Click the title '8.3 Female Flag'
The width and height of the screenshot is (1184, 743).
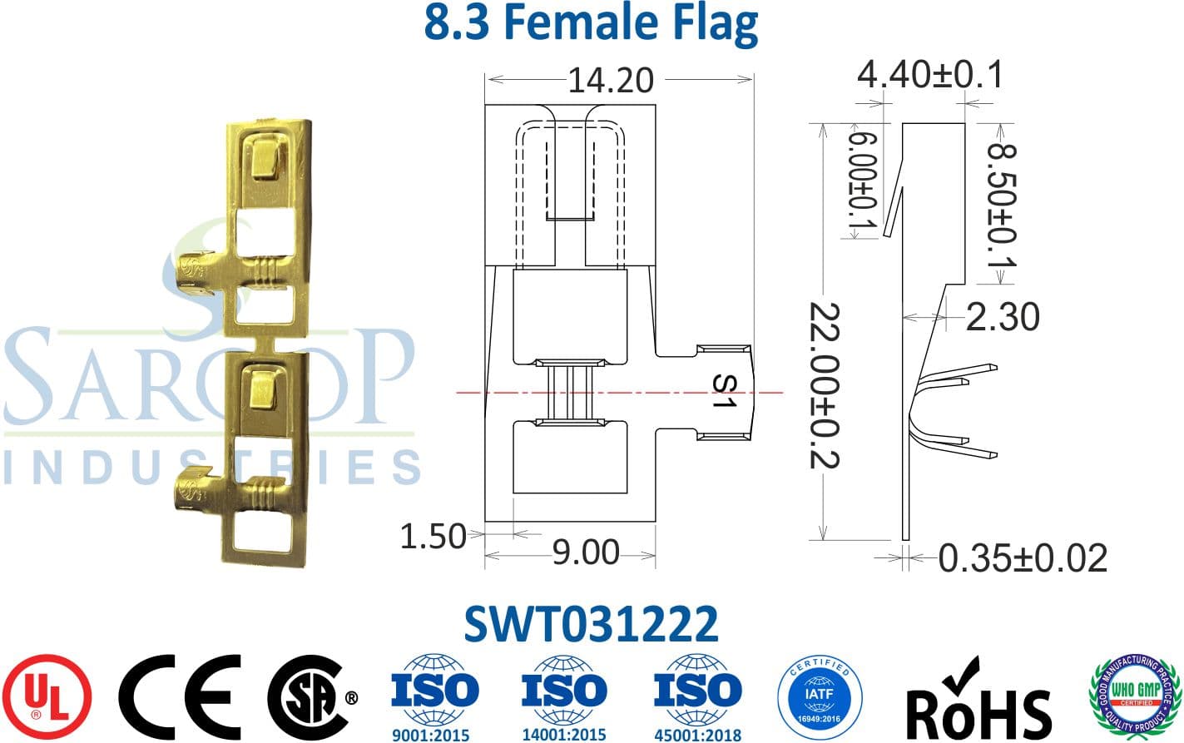pyautogui.click(x=591, y=23)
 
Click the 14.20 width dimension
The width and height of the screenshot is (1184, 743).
pyautogui.click(x=611, y=81)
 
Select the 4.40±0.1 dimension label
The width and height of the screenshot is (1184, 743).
pyautogui.click(x=929, y=75)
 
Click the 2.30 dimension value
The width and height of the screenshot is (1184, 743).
pyautogui.click(x=1003, y=317)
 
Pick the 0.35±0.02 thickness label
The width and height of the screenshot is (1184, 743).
pyautogui.click(x=1023, y=558)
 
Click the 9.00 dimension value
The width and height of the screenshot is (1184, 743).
pyautogui.click(x=586, y=552)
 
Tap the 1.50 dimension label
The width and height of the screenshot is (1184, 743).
pyautogui.click(x=433, y=537)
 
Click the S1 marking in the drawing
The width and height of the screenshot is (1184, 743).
pyautogui.click(x=726, y=391)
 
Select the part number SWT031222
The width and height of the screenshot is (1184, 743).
pyautogui.click(x=591, y=624)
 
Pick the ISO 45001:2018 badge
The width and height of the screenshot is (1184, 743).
pyautogui.click(x=696, y=697)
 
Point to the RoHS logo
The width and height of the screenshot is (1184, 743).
pyautogui.click(x=978, y=701)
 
